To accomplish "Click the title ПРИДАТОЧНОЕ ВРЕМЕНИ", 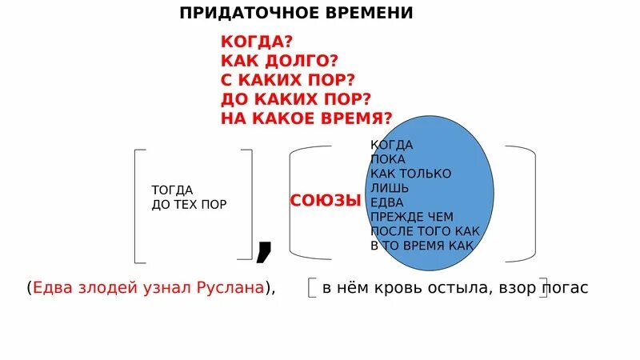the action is click(x=296, y=14).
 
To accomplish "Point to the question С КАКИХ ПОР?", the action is click(x=287, y=81).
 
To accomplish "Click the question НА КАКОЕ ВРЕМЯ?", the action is click(x=306, y=119).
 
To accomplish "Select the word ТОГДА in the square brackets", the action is click(x=172, y=190).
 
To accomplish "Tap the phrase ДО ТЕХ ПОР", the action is click(x=189, y=204).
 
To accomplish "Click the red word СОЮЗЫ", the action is click(x=326, y=200).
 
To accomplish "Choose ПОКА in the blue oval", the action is click(x=388, y=159).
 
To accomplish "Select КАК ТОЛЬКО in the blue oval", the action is click(x=410, y=174).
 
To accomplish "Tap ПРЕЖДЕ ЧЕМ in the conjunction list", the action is click(x=412, y=217).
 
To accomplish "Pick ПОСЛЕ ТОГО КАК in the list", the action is click(x=425, y=231).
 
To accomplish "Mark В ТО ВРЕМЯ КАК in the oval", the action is click(x=422, y=246).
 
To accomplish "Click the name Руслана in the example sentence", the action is click(x=230, y=288).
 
